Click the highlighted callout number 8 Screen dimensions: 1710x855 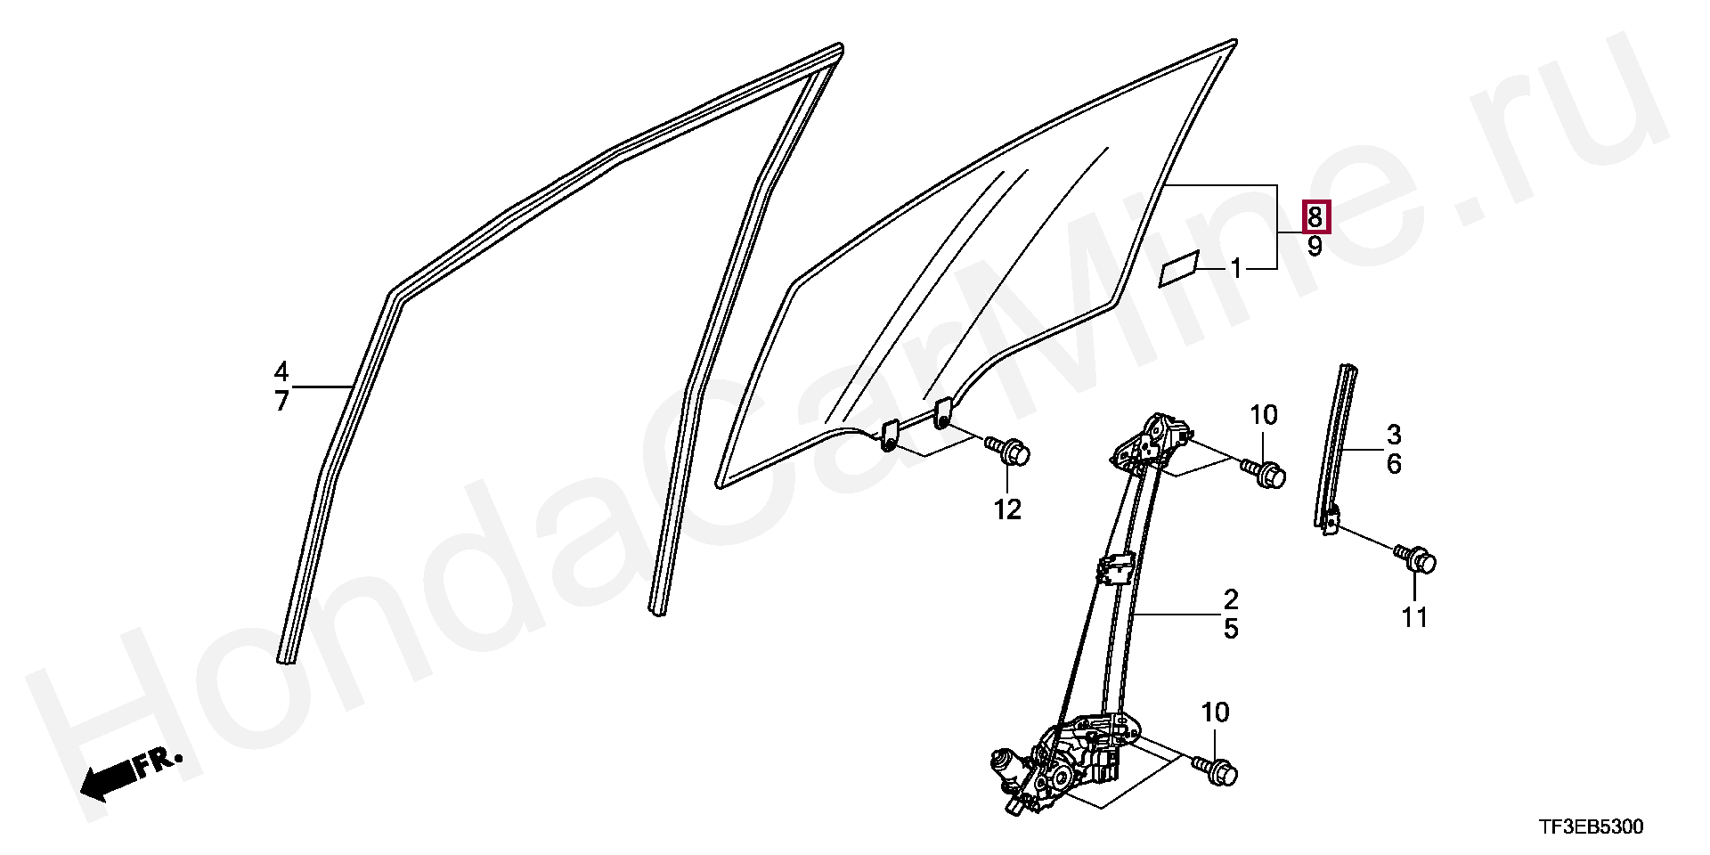pyautogui.click(x=1315, y=216)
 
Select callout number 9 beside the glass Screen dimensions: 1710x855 pyautogui.click(x=1315, y=247)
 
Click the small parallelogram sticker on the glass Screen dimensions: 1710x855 pyautogui.click(x=1178, y=270)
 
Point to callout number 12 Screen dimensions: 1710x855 pyautogui.click(x=1007, y=509)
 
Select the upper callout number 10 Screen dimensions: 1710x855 pyautogui.click(x=1263, y=415)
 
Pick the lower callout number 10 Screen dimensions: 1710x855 pyautogui.click(x=1215, y=712)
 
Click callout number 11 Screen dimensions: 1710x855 pyautogui.click(x=1414, y=616)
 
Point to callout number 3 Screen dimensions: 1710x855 pyautogui.click(x=1394, y=435)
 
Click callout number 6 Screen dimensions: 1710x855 pyautogui.click(x=1394, y=464)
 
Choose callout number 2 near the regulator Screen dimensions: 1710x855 pyautogui.click(x=1230, y=598)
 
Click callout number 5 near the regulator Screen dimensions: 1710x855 pyautogui.click(x=1230, y=629)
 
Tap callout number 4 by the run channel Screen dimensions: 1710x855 pyautogui.click(x=281, y=371)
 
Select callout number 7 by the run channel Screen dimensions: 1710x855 pyautogui.click(x=281, y=402)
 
